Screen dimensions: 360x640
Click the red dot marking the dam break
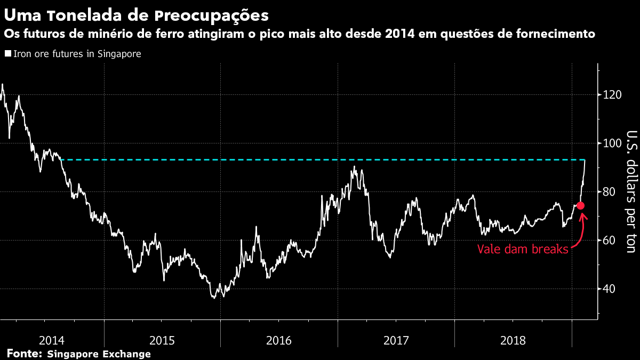click(581, 205)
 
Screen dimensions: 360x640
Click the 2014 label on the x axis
click(52, 340)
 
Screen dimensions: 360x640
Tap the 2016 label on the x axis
click(279, 340)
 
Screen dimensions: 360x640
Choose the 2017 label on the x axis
click(396, 340)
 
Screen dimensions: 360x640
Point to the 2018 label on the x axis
click(513, 340)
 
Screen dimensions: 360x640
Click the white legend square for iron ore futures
click(7, 54)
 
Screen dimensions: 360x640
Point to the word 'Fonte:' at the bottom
click(24, 354)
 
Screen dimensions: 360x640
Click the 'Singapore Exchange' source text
click(99, 354)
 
